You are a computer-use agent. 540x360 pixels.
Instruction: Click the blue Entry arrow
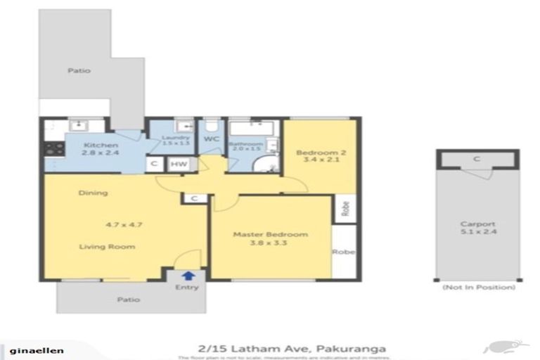pos(188,276)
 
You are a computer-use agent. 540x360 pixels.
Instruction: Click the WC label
pos(211,140)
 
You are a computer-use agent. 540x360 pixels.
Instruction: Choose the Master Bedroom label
pos(270,234)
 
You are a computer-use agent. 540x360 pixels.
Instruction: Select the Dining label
pos(93,193)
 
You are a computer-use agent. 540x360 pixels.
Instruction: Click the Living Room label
pos(106,247)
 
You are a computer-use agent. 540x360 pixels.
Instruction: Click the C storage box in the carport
pos(476,160)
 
